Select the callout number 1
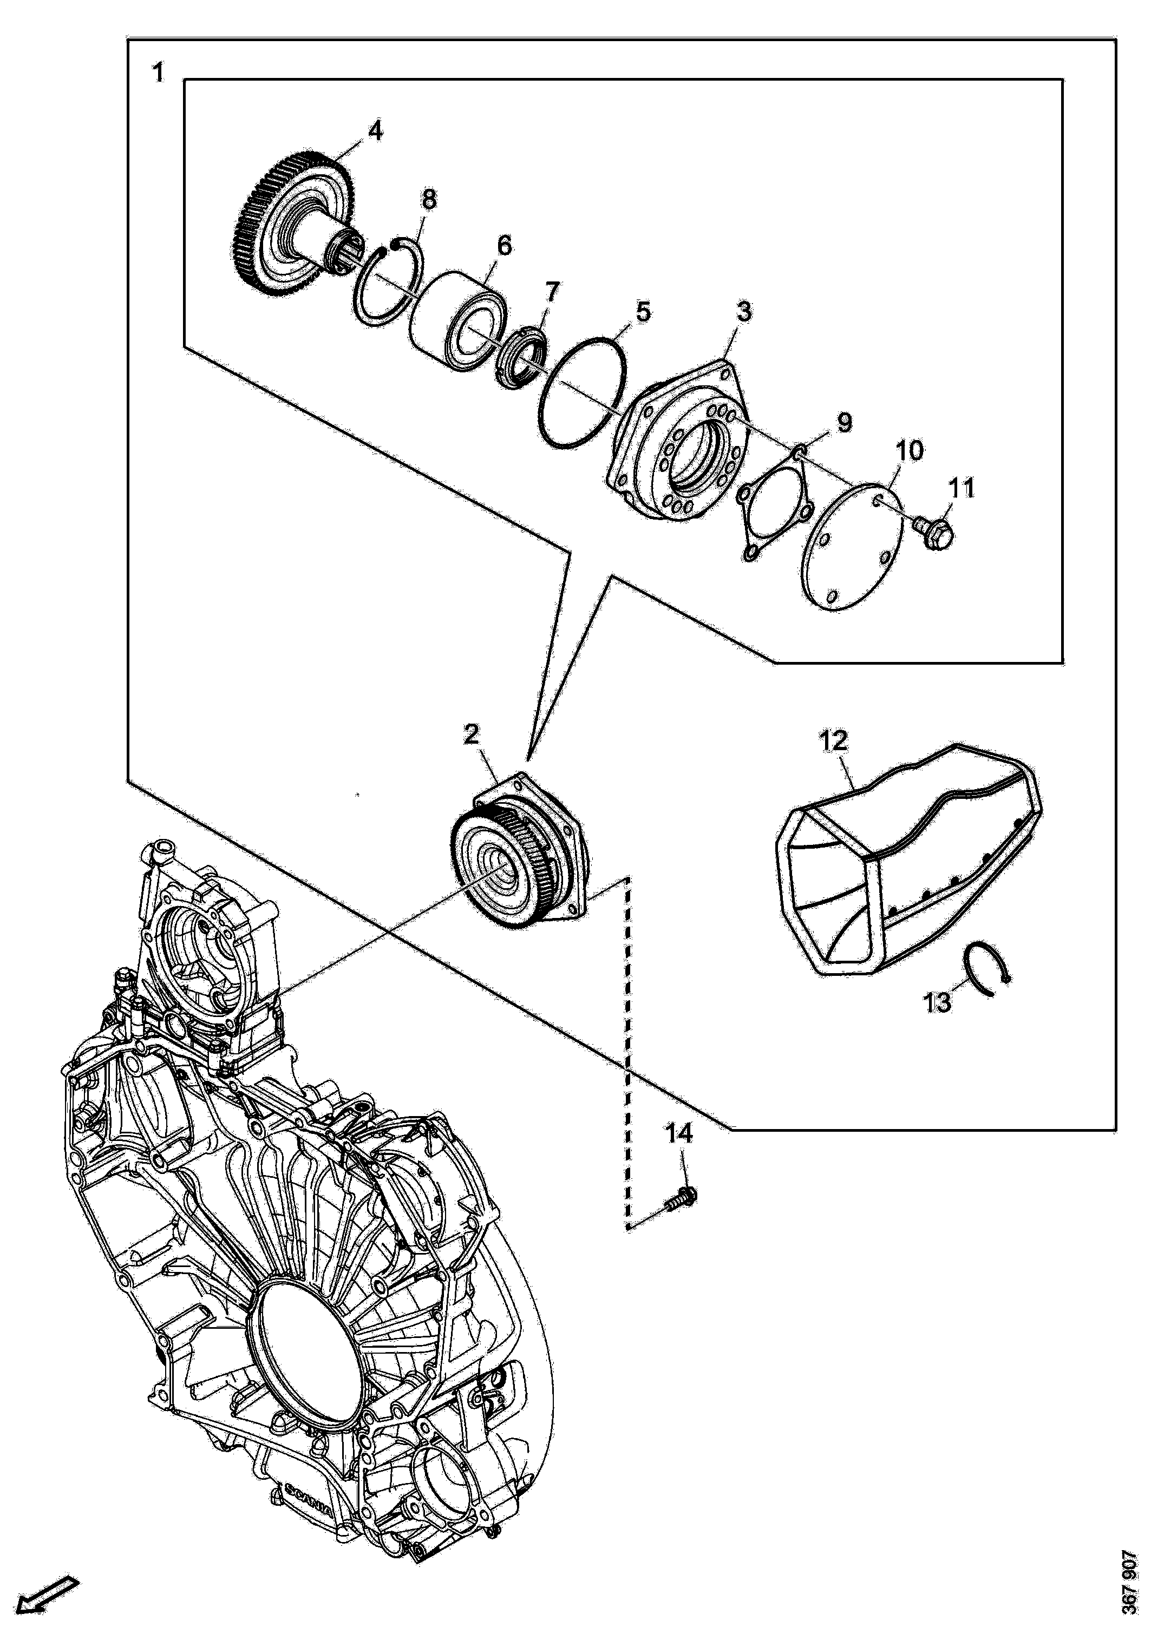[x=158, y=73]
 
